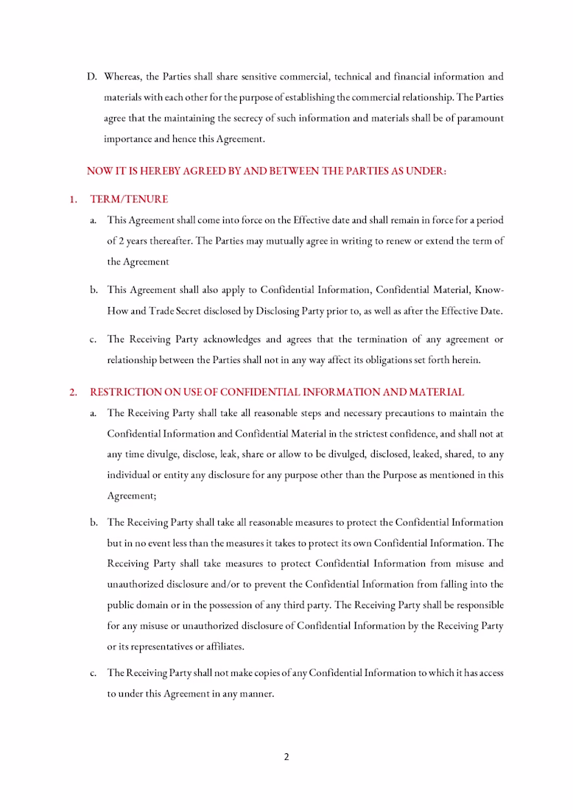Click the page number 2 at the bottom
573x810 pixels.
[x=286, y=756]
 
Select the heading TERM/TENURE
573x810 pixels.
[x=129, y=200]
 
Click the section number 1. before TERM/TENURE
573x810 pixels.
[x=74, y=200]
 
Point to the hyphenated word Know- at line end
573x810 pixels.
[x=490, y=290]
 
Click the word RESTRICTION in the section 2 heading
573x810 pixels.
[x=124, y=392]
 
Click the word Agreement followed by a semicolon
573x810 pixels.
[x=131, y=496]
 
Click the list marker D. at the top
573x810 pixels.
[x=92, y=77]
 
